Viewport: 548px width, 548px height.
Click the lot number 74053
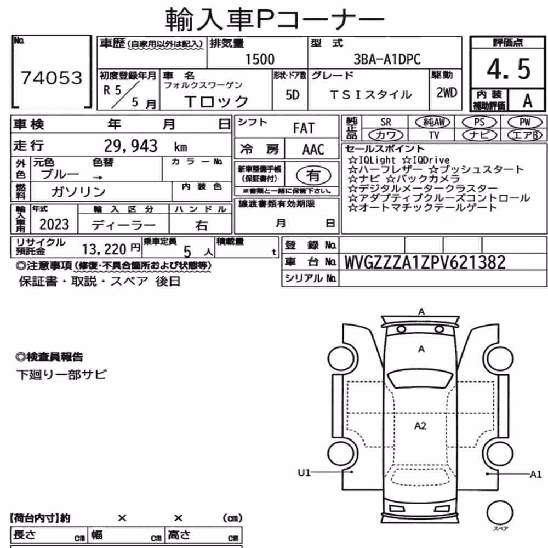(52, 78)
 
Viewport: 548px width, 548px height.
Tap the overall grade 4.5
(509, 69)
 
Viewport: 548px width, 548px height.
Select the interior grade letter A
(527, 101)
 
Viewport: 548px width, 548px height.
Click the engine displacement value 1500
(260, 59)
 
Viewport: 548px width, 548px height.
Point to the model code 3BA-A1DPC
(387, 59)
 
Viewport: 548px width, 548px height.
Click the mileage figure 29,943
(131, 146)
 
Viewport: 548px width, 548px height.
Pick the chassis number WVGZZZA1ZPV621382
(425, 262)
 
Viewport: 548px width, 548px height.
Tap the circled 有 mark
(313, 175)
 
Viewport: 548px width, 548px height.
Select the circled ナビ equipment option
(479, 135)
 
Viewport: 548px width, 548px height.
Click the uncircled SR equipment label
(386, 122)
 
